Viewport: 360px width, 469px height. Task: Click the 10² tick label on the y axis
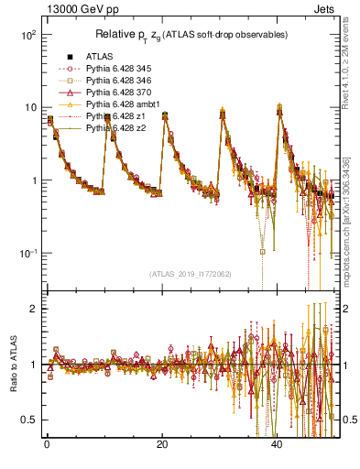[x=27, y=35]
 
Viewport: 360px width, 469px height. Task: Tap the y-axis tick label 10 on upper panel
[x=29, y=107]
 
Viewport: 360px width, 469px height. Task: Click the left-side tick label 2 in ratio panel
[x=35, y=309]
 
